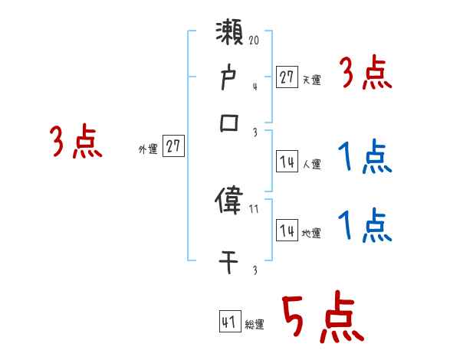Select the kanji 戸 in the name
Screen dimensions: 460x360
click(230, 79)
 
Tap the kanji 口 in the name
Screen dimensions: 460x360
click(230, 123)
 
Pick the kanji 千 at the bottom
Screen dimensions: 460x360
click(230, 260)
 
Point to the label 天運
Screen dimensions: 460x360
click(310, 80)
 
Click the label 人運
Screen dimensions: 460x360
click(311, 164)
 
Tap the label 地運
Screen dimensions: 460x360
click(311, 233)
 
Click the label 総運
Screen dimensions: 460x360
click(255, 325)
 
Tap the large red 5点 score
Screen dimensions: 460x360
click(322, 318)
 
